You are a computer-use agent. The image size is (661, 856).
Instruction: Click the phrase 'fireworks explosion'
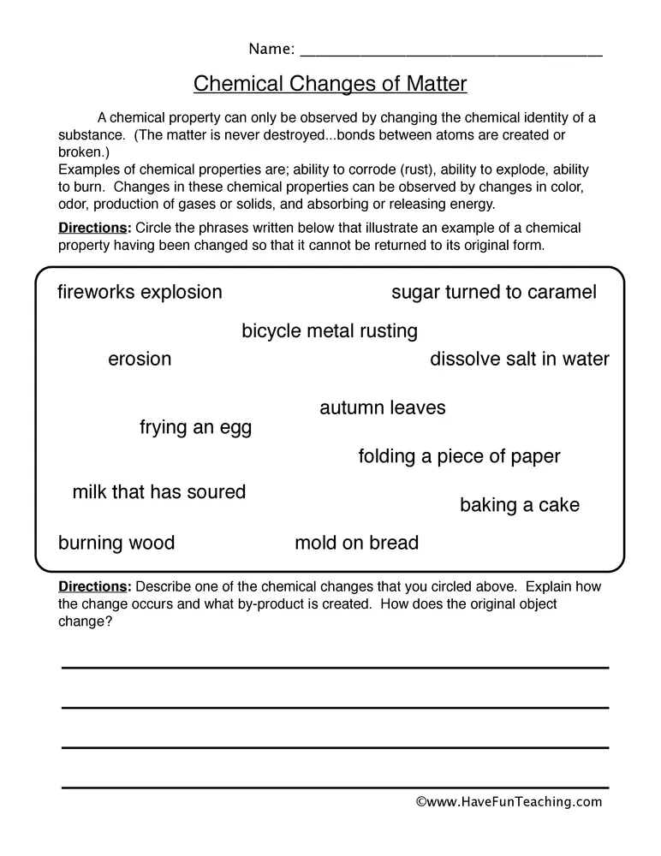point(140,293)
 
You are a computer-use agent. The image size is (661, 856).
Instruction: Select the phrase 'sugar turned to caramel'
point(494,293)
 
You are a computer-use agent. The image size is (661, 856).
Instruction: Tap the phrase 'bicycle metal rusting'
point(330,331)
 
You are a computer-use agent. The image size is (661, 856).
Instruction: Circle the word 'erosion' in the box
point(140,360)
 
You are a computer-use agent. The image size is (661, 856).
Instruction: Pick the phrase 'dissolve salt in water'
point(520,360)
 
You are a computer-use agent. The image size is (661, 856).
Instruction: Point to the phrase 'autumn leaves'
point(383,408)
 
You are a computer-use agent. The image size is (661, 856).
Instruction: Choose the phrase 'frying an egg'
point(195,428)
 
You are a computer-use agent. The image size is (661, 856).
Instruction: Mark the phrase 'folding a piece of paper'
point(459,457)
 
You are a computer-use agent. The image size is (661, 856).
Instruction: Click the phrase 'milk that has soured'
point(159,492)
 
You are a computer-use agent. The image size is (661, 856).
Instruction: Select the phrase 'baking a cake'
point(520,506)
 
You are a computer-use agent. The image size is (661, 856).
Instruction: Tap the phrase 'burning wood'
point(116,544)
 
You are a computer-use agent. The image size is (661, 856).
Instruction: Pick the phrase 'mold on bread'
point(357,544)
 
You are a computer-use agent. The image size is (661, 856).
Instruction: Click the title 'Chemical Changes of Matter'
point(330,84)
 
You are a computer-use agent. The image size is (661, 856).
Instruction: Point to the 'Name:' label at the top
point(271,49)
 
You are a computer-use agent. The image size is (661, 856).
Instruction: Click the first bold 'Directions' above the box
point(93,229)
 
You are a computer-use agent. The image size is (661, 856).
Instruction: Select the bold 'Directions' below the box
point(93,587)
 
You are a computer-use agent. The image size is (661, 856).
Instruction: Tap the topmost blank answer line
point(335,667)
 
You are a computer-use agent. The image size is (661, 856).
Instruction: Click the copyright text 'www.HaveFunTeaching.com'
point(509,802)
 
